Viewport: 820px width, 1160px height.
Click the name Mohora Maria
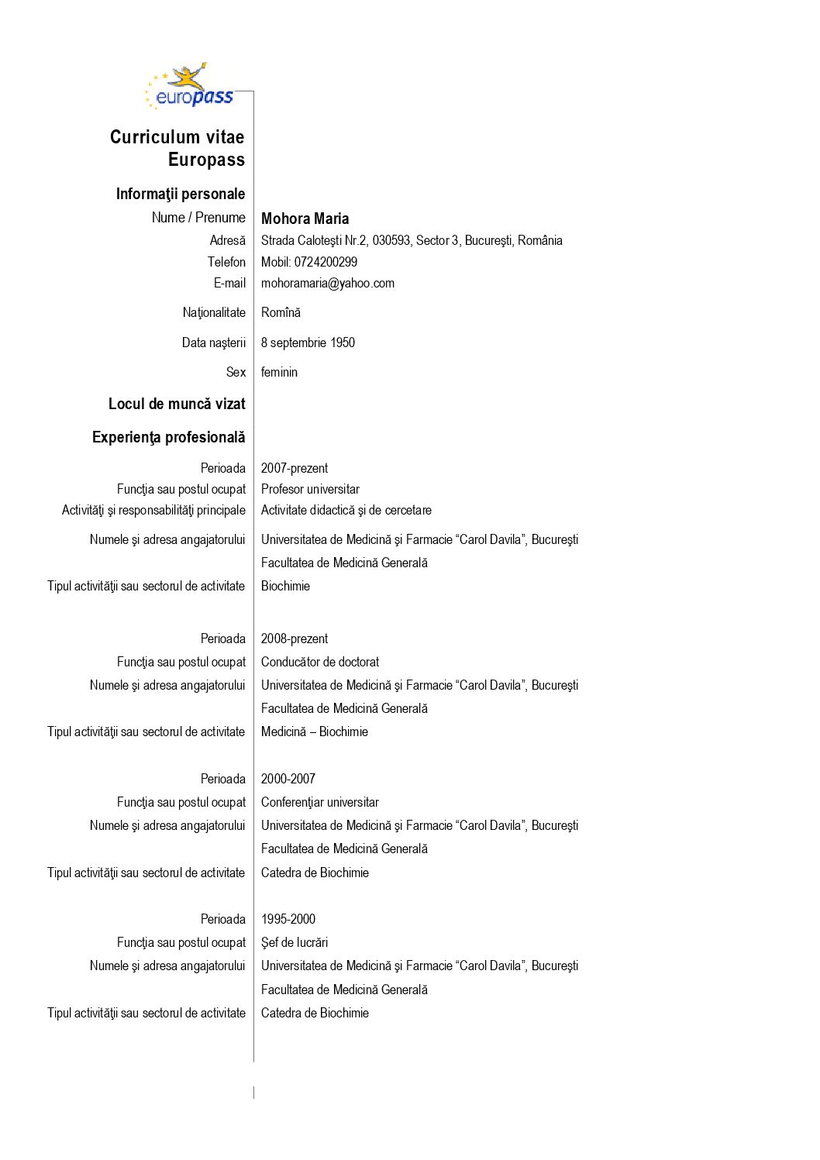pyautogui.click(x=305, y=219)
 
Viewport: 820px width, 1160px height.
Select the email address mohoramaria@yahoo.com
pyautogui.click(x=327, y=284)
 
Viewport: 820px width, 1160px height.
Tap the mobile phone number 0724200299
pyautogui.click(x=326, y=262)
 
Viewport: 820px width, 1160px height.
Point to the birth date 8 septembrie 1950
pyautogui.click(x=308, y=342)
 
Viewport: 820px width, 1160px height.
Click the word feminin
pyautogui.click(x=279, y=372)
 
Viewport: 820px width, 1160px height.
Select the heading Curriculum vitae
pyautogui.click(x=177, y=137)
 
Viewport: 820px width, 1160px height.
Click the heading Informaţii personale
pyautogui.click(x=180, y=194)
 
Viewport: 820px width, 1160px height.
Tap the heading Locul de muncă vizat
pyautogui.click(x=177, y=404)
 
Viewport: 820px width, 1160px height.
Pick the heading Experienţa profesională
pyautogui.click(x=168, y=437)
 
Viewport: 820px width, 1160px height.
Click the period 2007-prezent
pyautogui.click(x=294, y=468)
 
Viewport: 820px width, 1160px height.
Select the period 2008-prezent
pyautogui.click(x=294, y=639)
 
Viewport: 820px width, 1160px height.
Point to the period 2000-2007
pyautogui.click(x=288, y=779)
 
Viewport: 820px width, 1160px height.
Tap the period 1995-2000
pyautogui.click(x=288, y=919)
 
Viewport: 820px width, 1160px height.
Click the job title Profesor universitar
pyautogui.click(x=310, y=489)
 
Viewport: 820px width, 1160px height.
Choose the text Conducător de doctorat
pyautogui.click(x=320, y=662)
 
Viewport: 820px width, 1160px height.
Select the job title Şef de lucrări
pyautogui.click(x=295, y=942)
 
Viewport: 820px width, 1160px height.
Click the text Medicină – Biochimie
pyautogui.click(x=314, y=731)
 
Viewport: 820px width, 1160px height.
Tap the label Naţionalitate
pyautogui.click(x=214, y=312)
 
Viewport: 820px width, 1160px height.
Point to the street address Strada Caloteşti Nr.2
pyautogui.click(x=314, y=240)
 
